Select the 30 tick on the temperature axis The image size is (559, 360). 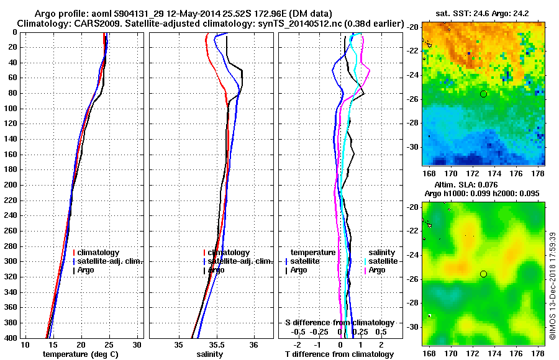point(137,344)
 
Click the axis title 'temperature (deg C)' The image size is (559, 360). point(80,354)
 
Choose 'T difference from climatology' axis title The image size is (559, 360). point(339,354)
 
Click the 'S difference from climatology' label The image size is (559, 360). point(339,323)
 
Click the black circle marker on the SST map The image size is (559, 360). point(483,94)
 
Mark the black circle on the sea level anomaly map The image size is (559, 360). point(483,274)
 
